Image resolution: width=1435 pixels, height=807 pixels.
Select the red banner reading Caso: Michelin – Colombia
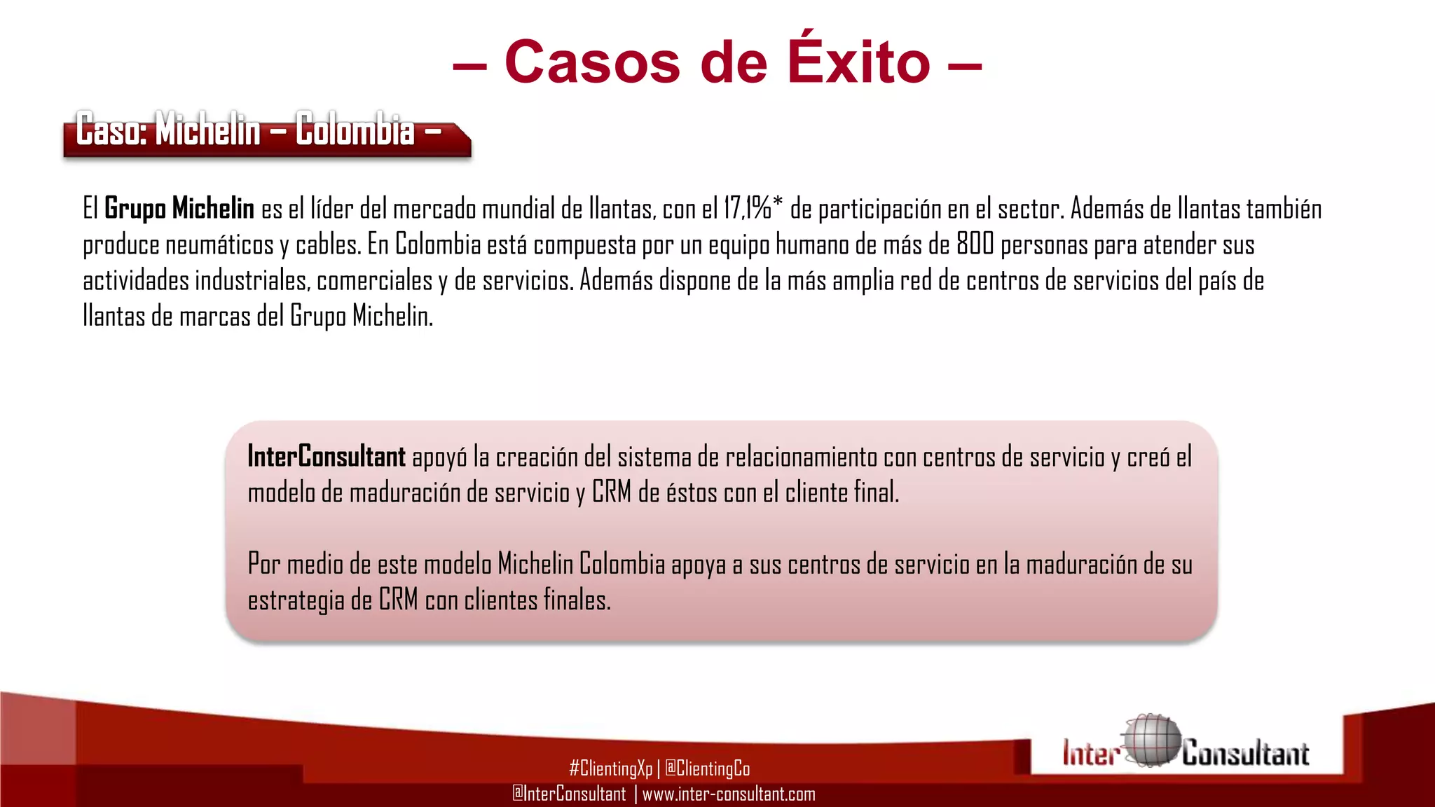click(266, 133)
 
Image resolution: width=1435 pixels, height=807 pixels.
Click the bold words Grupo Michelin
click(179, 209)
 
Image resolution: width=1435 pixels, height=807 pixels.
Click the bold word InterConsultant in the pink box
click(327, 457)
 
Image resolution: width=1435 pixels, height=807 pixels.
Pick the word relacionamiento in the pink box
click(801, 457)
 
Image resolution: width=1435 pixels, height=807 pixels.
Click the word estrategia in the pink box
click(296, 600)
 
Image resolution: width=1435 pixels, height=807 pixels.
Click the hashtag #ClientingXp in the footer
click(610, 768)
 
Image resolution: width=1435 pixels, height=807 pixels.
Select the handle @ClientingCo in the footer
click(707, 768)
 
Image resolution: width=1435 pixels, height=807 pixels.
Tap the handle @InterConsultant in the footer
click(569, 794)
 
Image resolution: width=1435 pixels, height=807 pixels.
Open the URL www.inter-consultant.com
click(729, 794)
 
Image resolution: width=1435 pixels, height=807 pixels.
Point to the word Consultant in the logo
click(1246, 754)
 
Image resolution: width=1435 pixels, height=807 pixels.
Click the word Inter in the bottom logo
click(1090, 754)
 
